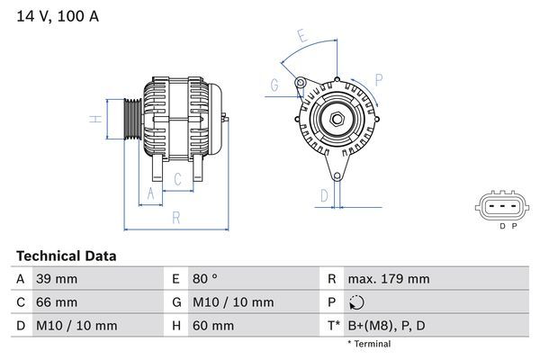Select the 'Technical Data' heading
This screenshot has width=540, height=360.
[x=66, y=256]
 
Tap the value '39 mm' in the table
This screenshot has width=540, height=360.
[x=56, y=279]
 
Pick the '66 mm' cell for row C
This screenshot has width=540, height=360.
[x=56, y=302]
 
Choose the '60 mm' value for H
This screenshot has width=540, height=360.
[x=212, y=326]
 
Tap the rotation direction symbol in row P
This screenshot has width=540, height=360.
[x=356, y=303]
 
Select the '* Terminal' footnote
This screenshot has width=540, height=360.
[x=369, y=344]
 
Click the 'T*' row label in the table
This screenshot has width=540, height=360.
[x=331, y=326]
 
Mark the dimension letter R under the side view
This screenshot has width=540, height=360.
[x=176, y=217]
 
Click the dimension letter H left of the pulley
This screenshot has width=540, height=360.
[x=94, y=119]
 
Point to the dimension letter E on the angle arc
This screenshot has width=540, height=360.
[x=303, y=37]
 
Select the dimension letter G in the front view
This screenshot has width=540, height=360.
[x=274, y=85]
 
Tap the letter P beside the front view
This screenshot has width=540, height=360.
[x=378, y=80]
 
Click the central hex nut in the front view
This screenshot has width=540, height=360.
[x=336, y=119]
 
